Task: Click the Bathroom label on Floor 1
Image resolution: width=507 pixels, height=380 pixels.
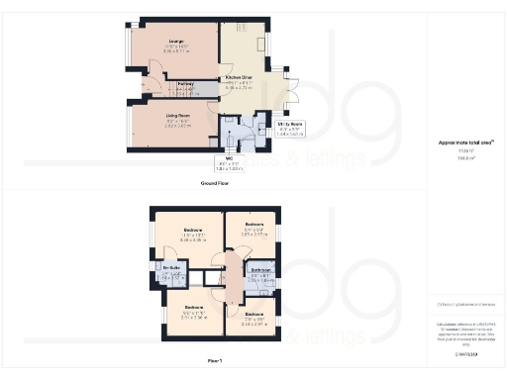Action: click(x=260, y=270)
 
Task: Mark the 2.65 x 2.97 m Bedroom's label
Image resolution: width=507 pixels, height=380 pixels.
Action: click(x=254, y=225)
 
